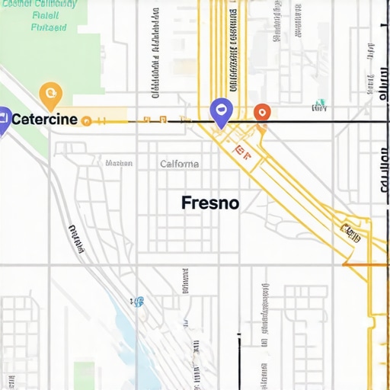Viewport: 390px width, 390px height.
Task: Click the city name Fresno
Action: [210, 203]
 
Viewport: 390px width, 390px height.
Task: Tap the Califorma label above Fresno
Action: [180, 164]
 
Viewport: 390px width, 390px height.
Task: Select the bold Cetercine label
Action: [43, 120]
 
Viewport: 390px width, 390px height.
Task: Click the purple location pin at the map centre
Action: [221, 113]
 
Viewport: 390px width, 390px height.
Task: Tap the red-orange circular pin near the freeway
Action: [261, 112]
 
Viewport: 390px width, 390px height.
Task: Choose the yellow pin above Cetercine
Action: [50, 95]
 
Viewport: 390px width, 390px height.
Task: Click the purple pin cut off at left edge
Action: [3, 120]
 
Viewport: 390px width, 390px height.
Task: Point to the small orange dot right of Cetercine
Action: [86, 120]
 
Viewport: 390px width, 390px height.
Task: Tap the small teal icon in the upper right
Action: [321, 103]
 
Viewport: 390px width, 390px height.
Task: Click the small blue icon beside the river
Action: [138, 302]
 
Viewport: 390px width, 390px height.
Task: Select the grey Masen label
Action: [119, 163]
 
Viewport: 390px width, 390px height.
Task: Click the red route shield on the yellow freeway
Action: [241, 152]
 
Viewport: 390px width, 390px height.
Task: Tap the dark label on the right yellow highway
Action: [350, 232]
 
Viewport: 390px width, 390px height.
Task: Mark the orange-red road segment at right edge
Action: [366, 264]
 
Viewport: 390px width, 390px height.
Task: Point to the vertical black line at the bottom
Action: [239, 358]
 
